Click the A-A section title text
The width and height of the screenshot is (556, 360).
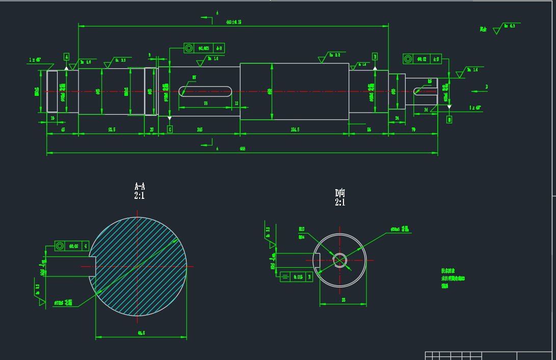139,186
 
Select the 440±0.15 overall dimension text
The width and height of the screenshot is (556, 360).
233,22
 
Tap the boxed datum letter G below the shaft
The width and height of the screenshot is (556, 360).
170,130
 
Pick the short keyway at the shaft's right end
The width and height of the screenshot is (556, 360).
426,91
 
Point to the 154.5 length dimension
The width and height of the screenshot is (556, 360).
295,130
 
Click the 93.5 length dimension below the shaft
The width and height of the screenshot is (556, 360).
112,130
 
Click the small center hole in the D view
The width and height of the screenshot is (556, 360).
340,260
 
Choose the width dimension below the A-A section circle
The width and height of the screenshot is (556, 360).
141,333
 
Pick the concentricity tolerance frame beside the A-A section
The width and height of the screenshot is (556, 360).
71,246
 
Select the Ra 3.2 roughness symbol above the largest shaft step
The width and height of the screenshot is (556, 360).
331,56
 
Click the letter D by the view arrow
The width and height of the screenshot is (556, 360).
486,87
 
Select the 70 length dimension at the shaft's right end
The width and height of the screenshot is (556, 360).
413,130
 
